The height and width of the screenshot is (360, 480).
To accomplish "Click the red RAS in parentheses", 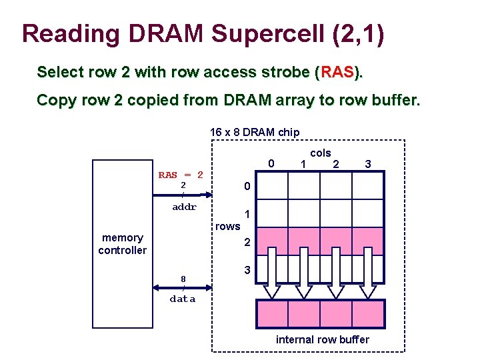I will click(338, 72).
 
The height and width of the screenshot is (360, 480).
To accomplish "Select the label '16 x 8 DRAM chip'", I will click(255, 132).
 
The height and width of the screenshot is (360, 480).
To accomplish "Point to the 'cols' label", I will click(321, 153).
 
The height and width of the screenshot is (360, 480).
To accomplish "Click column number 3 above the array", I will click(367, 163).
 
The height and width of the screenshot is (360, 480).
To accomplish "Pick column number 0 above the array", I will click(271, 163).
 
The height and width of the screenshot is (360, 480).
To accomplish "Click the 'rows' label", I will click(227, 226).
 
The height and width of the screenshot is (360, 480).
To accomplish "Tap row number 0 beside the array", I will click(247, 187).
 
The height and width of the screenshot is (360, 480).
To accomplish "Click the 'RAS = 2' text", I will click(181, 175).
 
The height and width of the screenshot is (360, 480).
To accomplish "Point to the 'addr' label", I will click(185, 207).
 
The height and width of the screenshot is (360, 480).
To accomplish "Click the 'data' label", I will click(183, 299).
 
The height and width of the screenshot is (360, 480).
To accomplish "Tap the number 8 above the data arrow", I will click(183, 279).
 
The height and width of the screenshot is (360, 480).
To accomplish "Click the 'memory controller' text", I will click(122, 244).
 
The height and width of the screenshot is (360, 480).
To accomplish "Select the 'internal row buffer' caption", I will click(323, 340).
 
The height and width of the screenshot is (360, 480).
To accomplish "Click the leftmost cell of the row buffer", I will click(273, 313).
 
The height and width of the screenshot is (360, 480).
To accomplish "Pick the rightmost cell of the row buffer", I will click(368, 313).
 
